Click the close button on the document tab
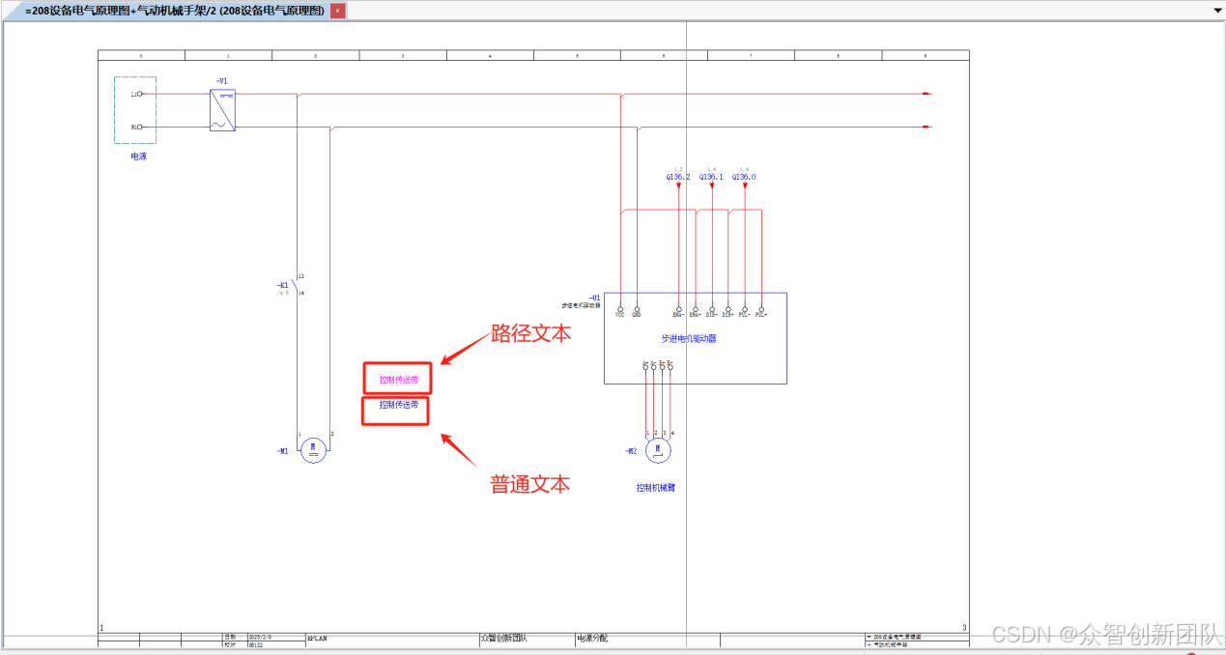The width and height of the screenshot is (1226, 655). coord(338,11)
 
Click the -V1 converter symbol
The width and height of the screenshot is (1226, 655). coord(222,110)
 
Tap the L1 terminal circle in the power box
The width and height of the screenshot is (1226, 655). coord(140,94)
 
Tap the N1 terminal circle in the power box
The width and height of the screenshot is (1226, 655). coord(140,127)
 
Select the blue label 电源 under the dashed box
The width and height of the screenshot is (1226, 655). coord(139,156)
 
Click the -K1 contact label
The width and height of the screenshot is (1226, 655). coord(282,285)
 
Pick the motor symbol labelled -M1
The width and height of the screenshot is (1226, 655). coord(313,450)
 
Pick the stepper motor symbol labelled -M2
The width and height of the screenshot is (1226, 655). coord(658,450)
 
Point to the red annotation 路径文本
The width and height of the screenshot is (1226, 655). coord(530,333)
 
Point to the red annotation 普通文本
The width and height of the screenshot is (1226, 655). coord(529,484)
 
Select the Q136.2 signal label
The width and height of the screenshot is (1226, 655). coord(678,177)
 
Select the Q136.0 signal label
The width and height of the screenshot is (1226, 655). coord(744,177)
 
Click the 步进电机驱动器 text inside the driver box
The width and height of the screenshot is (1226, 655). coord(688,339)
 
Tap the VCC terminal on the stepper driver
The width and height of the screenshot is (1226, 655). coord(619,308)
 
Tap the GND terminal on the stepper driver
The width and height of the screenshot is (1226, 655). coord(637,308)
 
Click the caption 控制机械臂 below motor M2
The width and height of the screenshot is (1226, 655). coord(655,488)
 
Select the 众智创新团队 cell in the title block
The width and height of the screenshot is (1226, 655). coord(504,639)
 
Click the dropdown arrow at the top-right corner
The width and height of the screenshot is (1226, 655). coord(1216,10)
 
